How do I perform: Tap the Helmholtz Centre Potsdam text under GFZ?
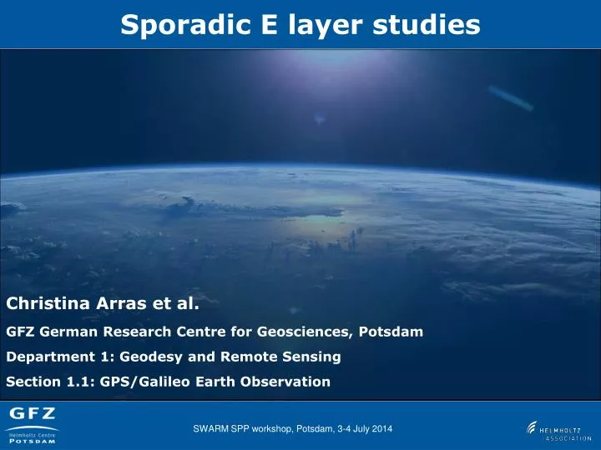click(33, 437)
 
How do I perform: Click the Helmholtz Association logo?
click(558, 430)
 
